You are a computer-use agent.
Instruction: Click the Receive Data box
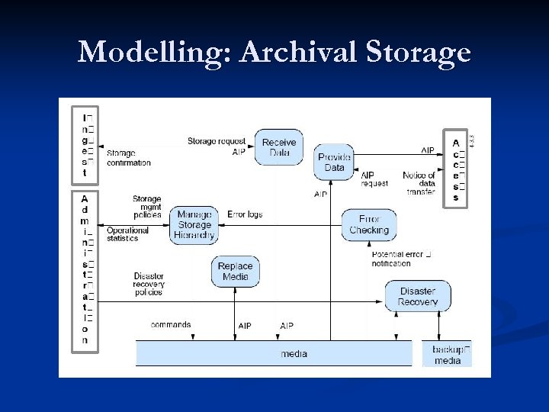279,147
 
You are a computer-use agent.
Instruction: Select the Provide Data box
334,163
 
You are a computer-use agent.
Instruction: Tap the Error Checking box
369,225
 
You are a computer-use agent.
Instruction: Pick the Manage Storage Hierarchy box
194,225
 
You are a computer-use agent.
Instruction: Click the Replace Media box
235,271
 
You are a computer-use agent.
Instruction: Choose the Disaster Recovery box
417,296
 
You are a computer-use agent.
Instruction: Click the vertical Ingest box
85,145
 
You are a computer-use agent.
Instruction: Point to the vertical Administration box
85,271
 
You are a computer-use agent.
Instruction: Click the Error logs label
245,214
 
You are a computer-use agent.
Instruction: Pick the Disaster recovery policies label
148,284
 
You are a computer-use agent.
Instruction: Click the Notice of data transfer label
419,183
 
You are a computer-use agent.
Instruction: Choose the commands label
171,324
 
